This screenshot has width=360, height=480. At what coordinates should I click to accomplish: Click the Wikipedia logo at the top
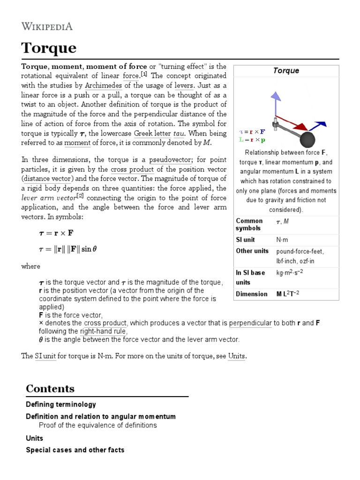(47, 26)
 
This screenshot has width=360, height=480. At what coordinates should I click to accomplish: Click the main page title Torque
(49, 48)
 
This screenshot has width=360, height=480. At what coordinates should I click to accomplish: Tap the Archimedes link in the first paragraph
(104, 85)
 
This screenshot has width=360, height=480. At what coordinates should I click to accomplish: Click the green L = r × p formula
(252, 139)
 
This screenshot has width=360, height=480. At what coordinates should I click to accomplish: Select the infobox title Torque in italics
(286, 71)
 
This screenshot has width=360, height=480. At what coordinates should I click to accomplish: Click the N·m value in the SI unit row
(283, 240)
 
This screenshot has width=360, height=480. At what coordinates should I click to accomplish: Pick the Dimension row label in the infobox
(252, 294)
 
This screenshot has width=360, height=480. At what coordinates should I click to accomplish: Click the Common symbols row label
(249, 225)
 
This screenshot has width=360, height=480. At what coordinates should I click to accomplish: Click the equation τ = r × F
(56, 233)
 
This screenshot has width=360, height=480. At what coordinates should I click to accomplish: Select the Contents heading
(50, 389)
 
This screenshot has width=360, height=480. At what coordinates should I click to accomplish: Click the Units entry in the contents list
(35, 438)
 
